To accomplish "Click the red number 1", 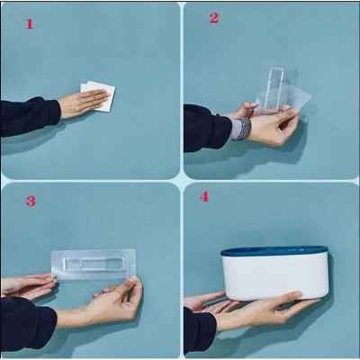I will (29, 24).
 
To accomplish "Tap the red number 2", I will (214, 18).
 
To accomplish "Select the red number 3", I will (31, 201).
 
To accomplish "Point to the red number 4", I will (204, 196).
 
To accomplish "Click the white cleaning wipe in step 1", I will (102, 94).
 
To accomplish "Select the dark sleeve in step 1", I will (27, 117).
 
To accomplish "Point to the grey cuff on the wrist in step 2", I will (240, 128).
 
